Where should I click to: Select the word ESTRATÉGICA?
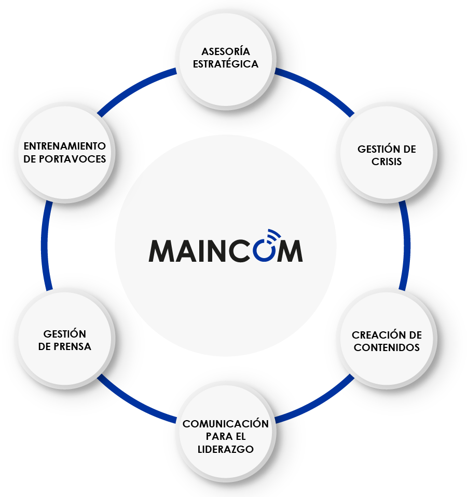226,64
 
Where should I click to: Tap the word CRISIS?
387,162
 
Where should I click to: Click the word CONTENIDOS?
387,347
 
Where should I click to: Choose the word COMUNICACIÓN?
226,424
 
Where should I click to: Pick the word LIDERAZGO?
226,449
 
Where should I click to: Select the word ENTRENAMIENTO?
65,146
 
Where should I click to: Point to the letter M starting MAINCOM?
163,251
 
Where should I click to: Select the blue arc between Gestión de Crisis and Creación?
406,244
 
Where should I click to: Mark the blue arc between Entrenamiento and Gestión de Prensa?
46,244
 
